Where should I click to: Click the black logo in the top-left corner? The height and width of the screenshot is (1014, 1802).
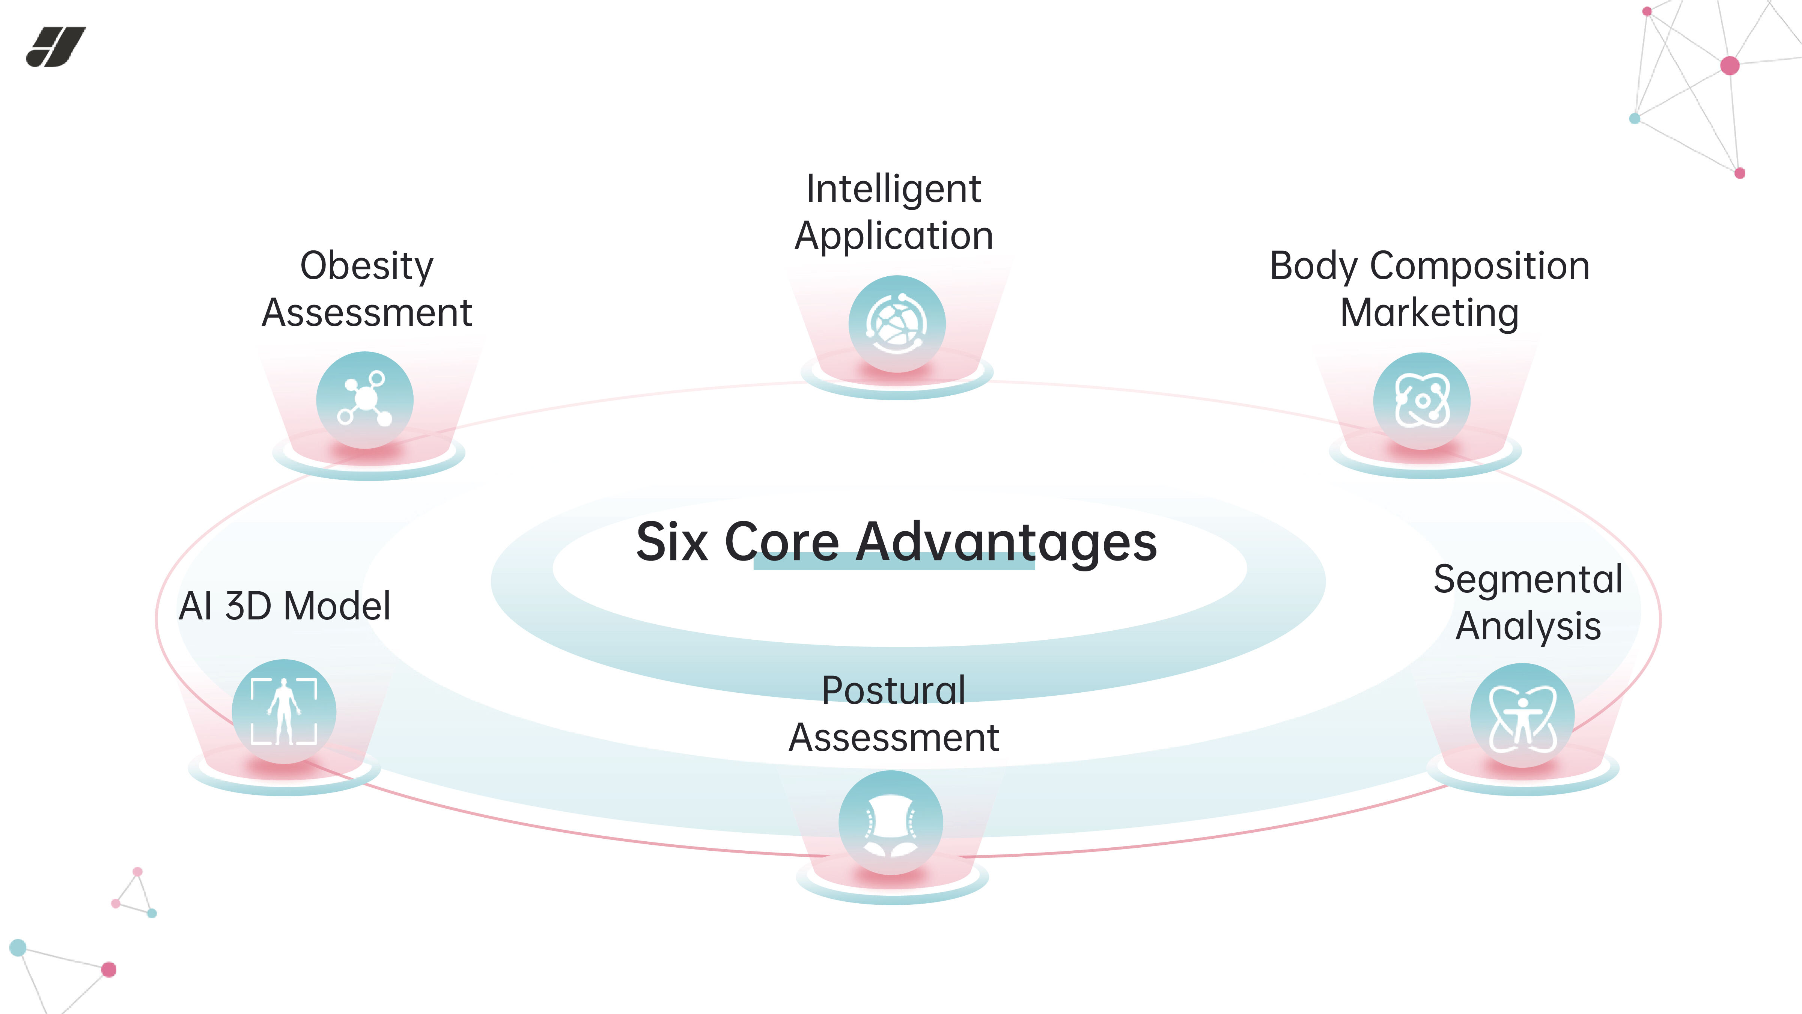(56, 47)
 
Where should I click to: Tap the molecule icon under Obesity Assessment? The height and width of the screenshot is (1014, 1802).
(364, 399)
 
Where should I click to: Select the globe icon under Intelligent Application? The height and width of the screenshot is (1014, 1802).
(897, 323)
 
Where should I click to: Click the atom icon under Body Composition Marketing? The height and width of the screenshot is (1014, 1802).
(1421, 400)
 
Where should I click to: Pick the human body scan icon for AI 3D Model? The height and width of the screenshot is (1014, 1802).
(284, 711)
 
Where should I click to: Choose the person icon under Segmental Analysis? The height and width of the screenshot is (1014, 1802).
(1522, 715)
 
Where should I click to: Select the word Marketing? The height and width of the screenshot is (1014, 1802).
(1429, 313)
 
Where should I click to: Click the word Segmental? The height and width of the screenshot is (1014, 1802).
(1528, 579)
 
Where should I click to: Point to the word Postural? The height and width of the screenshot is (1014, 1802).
(893, 691)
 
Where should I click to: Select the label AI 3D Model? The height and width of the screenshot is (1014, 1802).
(284, 606)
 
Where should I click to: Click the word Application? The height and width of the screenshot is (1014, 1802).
(893, 236)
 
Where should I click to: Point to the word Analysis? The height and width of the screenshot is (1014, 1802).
(1528, 625)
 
